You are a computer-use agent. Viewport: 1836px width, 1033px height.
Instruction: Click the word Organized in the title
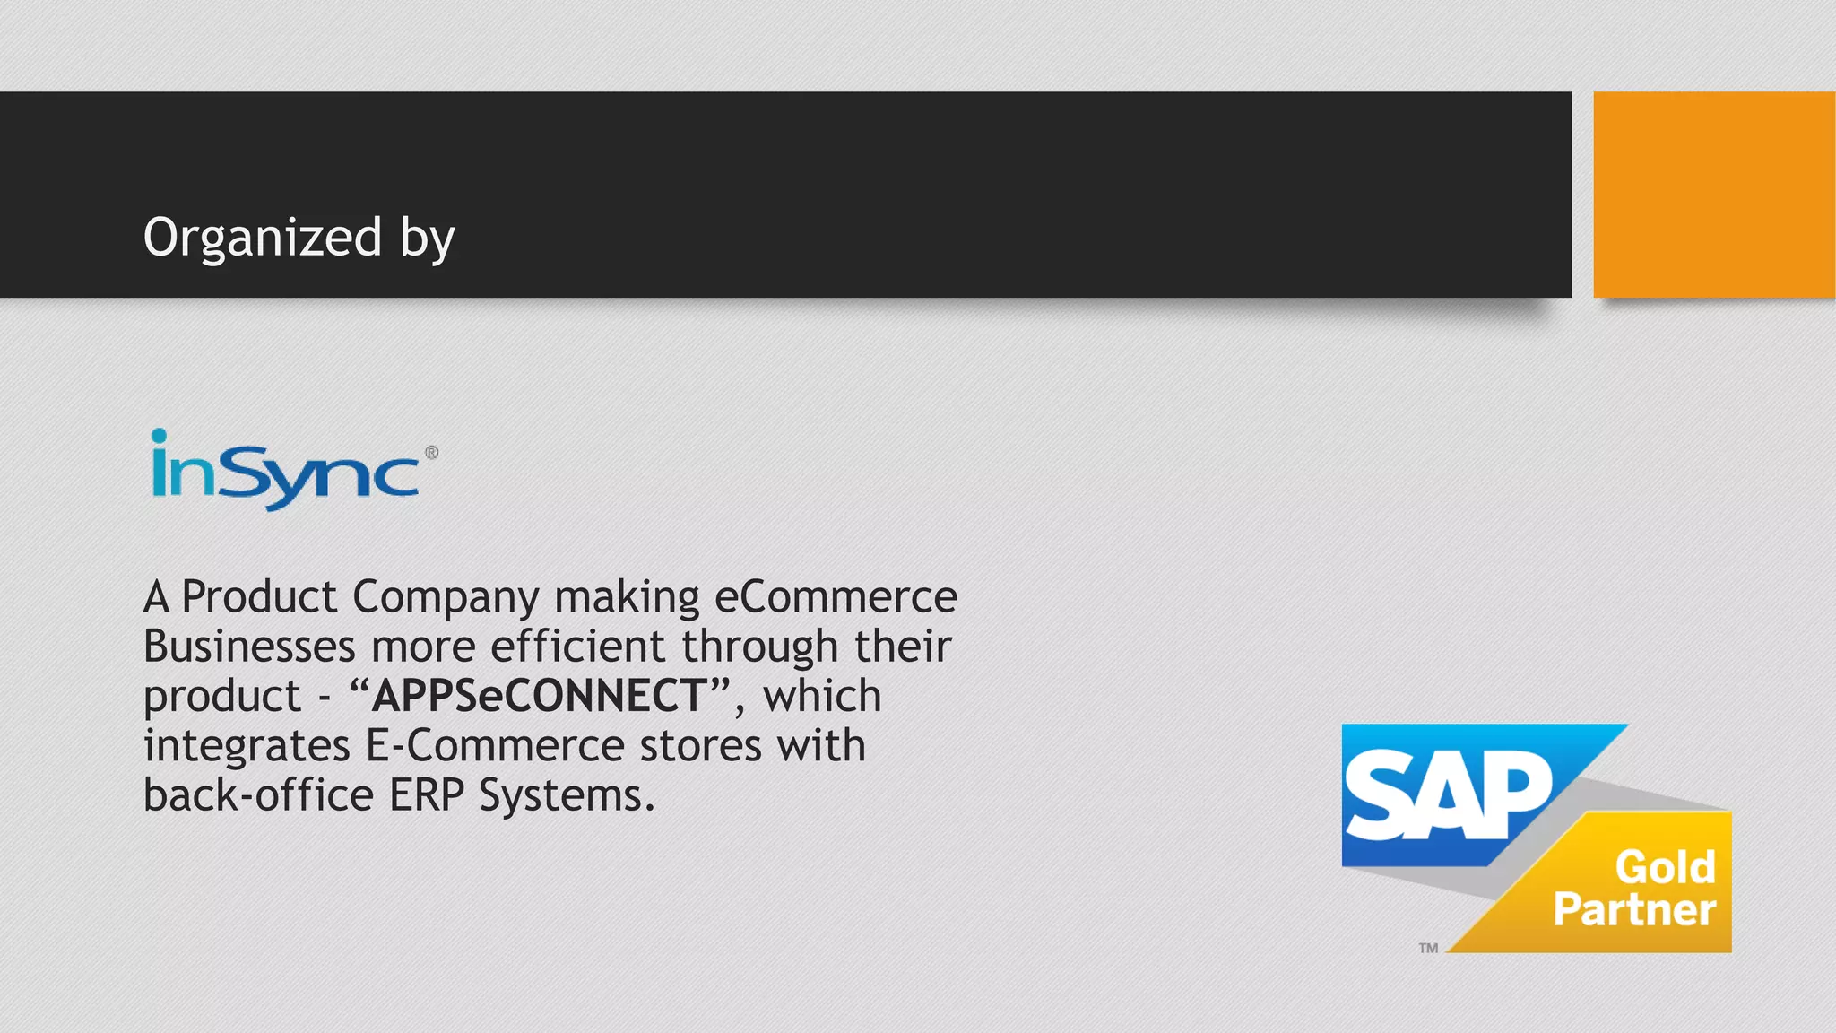[262, 238]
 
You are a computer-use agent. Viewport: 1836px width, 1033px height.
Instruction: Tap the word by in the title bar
[428, 239]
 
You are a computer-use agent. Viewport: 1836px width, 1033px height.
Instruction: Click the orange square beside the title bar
[1713, 195]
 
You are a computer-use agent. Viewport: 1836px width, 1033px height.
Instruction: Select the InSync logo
[285, 471]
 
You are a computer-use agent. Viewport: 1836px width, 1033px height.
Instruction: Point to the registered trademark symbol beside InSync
[432, 453]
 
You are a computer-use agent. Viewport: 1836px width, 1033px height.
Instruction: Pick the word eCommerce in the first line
[836, 597]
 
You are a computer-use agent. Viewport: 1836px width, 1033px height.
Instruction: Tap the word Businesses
[249, 647]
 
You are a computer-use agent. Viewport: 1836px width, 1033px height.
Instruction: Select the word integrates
[247, 746]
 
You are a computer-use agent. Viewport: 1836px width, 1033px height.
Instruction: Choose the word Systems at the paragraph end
[566, 795]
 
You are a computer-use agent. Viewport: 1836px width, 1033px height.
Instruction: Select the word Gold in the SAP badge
[1665, 867]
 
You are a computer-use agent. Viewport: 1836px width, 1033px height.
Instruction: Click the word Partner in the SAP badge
[1634, 909]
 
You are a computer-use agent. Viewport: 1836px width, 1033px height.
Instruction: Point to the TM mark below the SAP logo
[1428, 948]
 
